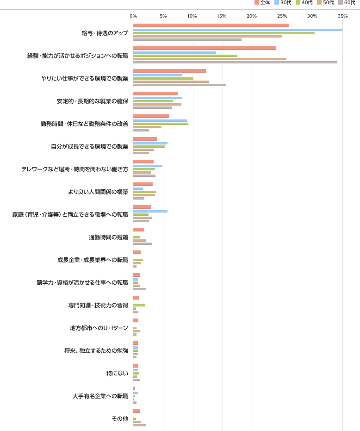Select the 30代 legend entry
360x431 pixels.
[x=283, y=3]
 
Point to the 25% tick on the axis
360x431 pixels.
[x=282, y=16]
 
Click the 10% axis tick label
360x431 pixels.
[x=192, y=16]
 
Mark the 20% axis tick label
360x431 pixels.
[x=252, y=16]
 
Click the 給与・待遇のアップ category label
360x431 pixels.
[x=105, y=33]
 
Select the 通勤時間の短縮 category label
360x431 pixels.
[x=108, y=237]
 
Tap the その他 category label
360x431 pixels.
[x=119, y=419]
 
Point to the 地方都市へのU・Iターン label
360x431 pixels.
[x=99, y=328]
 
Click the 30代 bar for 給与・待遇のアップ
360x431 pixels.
[x=237, y=29]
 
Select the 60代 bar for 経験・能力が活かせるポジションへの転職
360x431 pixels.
[x=235, y=62]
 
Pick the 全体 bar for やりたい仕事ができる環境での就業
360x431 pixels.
[x=169, y=71]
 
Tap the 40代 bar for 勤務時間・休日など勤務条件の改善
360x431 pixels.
[x=161, y=124]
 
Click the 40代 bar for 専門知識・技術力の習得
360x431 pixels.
[x=139, y=305]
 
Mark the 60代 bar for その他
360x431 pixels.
[x=139, y=425]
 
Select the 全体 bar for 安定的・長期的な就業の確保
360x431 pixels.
[x=155, y=94]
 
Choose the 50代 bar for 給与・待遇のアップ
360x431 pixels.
[x=207, y=36]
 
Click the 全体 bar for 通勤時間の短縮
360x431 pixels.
[x=138, y=230]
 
